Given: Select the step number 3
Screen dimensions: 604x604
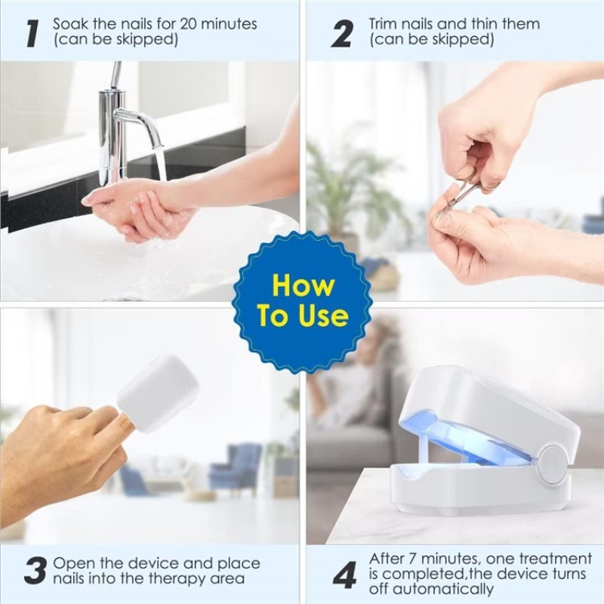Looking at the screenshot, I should click(x=35, y=572).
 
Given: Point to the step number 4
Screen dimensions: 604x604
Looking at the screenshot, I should click(x=344, y=576).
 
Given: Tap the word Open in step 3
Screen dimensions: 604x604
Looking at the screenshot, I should click(x=73, y=564).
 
